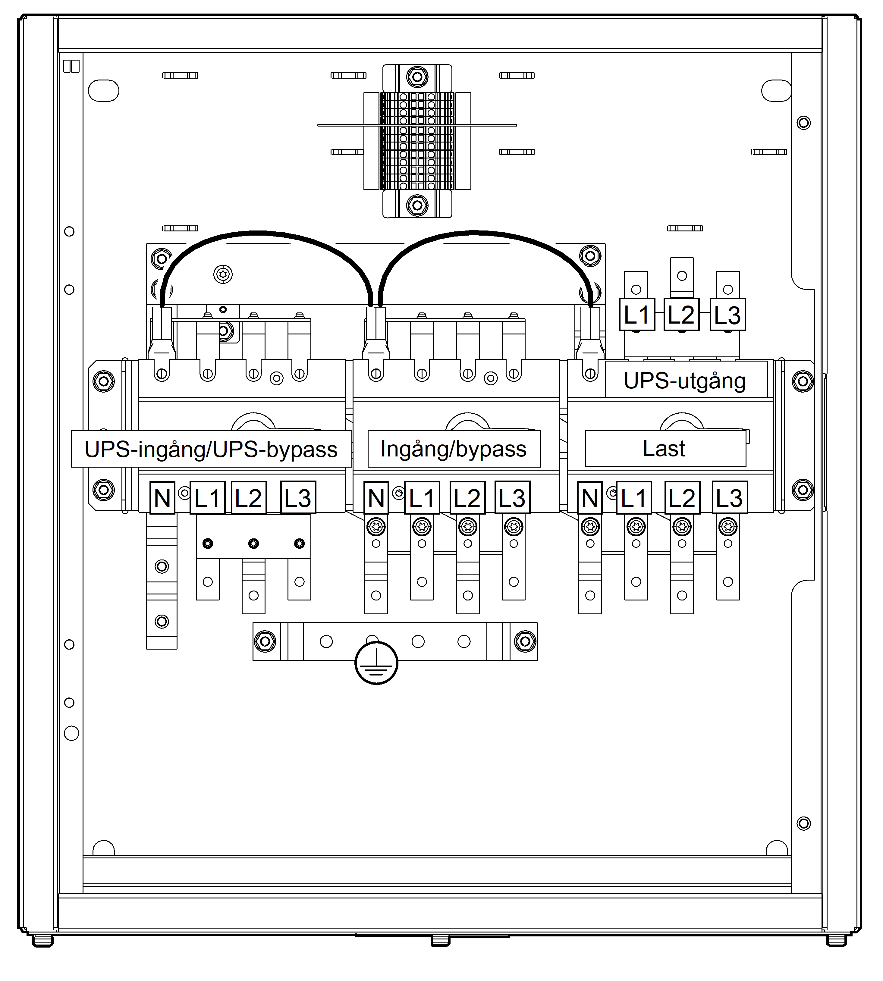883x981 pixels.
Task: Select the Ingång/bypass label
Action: pos(454,449)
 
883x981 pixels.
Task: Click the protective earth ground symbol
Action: pos(376,663)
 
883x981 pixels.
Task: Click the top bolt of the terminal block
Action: pos(417,77)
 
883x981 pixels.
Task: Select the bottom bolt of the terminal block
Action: pos(417,205)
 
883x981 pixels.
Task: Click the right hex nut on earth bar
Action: pos(525,641)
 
